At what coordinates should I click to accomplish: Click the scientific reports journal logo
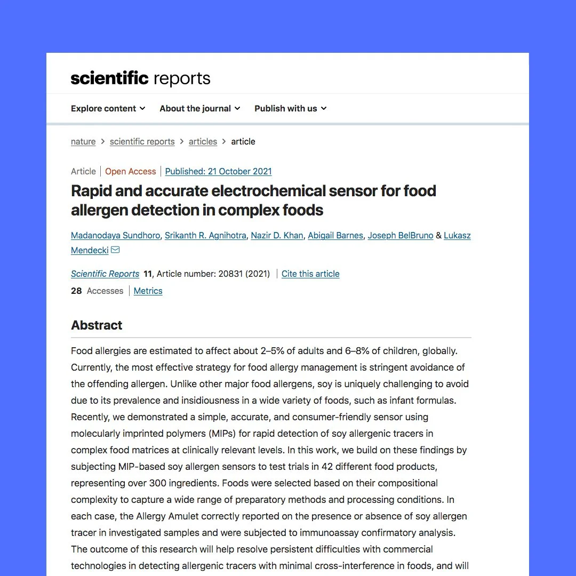pos(140,78)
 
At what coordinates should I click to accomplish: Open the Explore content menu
pos(108,108)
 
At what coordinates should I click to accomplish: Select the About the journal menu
pos(199,108)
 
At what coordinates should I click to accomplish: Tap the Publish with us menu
pos(290,108)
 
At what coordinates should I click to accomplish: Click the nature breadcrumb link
pos(83,141)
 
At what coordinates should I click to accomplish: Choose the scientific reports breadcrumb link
pos(142,141)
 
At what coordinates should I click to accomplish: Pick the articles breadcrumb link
pos(203,141)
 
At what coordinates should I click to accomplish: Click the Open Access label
pos(130,171)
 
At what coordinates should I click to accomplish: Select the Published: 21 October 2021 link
pos(218,171)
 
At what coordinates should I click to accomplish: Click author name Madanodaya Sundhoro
pos(115,235)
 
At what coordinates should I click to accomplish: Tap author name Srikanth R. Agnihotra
pos(205,235)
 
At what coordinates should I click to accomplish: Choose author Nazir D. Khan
pos(277,235)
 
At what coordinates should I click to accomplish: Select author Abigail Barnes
pos(335,235)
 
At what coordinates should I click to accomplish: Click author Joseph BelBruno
pos(400,235)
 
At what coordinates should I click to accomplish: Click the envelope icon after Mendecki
pos(115,250)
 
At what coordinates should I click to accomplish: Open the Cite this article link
pos(310,274)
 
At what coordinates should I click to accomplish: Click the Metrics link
pos(148,291)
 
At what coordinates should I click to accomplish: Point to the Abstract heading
pos(97,325)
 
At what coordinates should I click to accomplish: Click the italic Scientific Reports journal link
pos(105,274)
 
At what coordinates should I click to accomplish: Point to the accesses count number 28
pos(76,291)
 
